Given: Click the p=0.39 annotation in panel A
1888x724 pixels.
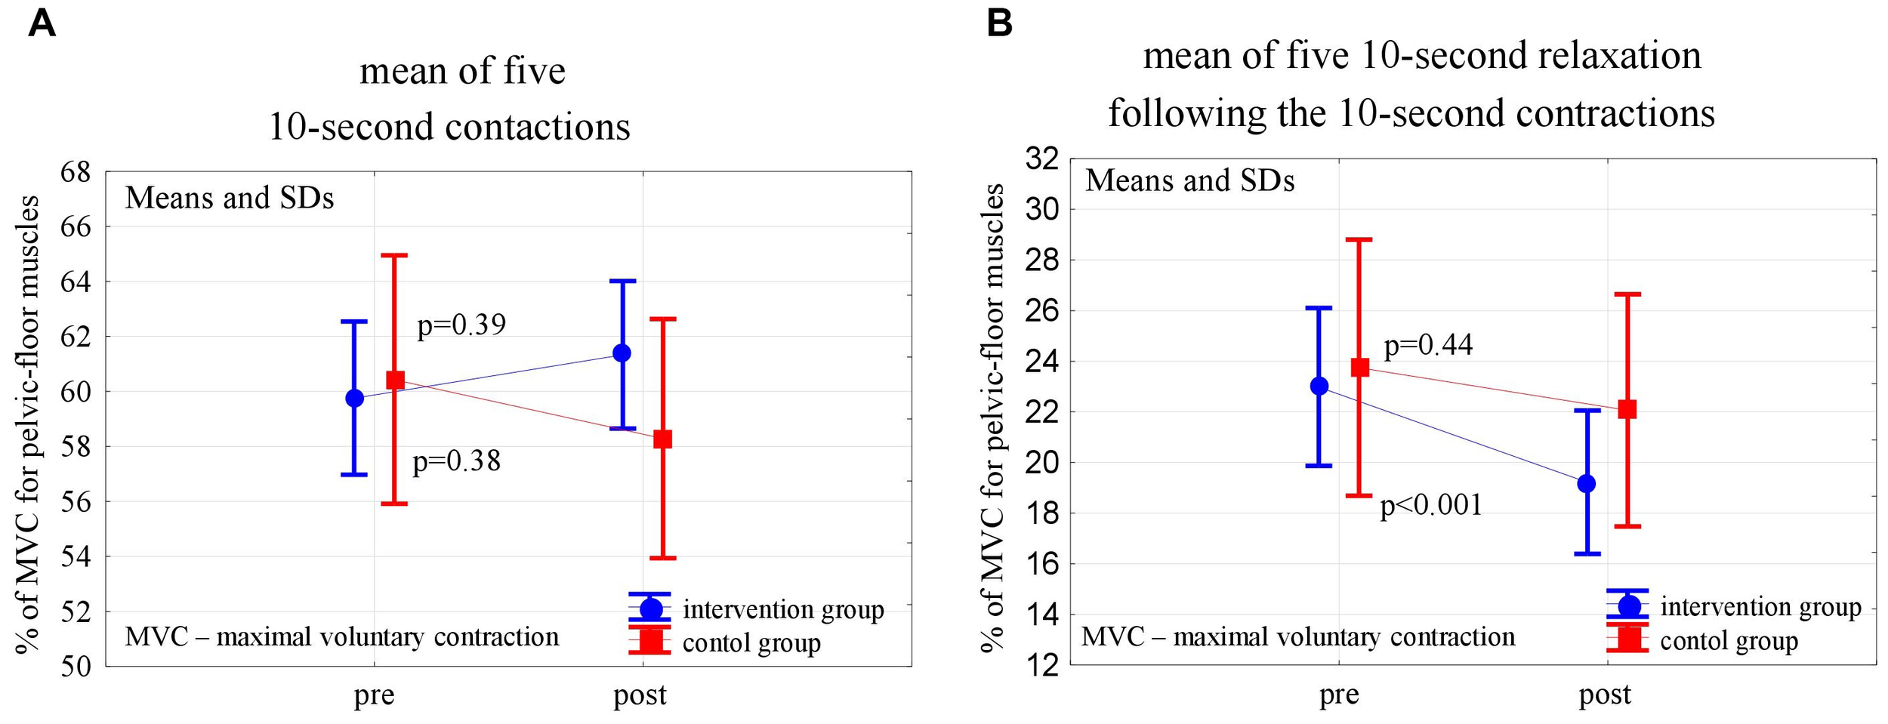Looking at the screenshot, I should (x=461, y=325).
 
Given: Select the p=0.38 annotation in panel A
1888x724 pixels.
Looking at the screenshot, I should (x=456, y=461).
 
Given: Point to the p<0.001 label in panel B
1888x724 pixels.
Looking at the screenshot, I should (x=1431, y=505).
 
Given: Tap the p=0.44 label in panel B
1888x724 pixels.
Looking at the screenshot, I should (x=1428, y=345).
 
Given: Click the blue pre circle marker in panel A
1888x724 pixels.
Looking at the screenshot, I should (x=354, y=398).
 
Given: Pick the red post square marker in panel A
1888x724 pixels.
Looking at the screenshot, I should (x=662, y=439).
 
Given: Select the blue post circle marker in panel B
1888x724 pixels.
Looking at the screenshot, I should (x=1587, y=483).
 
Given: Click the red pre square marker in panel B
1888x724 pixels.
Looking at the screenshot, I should (x=1360, y=368).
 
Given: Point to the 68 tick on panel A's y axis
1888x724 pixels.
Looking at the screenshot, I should (x=75, y=172).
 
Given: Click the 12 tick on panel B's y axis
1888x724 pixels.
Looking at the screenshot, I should (x=1042, y=666).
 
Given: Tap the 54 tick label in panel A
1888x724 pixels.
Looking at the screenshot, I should (x=75, y=557).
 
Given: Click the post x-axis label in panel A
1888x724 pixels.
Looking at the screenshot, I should (x=640, y=695).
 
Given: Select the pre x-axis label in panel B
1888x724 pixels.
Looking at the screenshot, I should (x=1339, y=695).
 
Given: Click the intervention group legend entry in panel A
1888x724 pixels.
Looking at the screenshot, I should (x=782, y=609).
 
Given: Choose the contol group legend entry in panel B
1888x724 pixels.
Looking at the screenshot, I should (x=1729, y=641).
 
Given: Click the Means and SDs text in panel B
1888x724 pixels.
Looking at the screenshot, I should (x=1189, y=181).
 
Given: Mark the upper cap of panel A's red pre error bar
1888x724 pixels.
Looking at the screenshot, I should (x=394, y=255).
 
